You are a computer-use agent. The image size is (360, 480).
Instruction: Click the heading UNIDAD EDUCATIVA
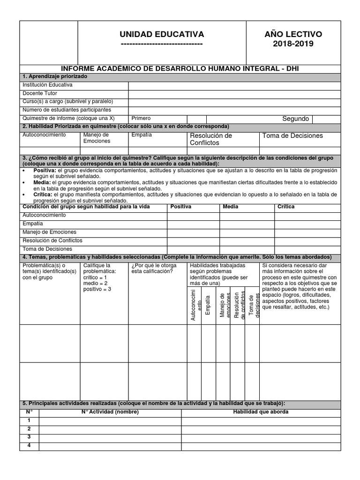tap(162, 34)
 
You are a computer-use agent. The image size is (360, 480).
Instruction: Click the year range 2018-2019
tap(294, 44)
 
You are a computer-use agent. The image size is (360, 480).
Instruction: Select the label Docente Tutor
tap(40, 93)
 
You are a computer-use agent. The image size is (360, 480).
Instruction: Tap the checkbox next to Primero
tap(196, 119)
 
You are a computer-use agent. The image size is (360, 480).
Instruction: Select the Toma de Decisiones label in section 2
tap(293, 135)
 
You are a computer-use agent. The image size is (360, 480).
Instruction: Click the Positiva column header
tap(181, 207)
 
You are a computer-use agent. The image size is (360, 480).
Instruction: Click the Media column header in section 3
tap(230, 207)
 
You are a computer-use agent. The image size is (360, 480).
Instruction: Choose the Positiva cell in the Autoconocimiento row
tap(193, 216)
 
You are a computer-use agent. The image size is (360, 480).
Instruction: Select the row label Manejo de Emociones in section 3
tap(50, 232)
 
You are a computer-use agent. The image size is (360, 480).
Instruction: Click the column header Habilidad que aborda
tap(261, 412)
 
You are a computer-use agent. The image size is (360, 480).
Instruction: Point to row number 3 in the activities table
tap(29, 437)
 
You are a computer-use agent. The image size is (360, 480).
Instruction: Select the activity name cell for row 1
tap(110, 420)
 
